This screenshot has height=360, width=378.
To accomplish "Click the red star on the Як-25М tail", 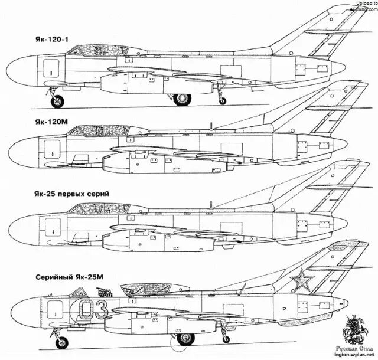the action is click(x=302, y=279).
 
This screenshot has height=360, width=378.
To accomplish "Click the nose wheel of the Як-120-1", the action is click(x=57, y=102).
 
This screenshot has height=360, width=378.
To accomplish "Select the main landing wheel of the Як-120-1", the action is click(x=182, y=99).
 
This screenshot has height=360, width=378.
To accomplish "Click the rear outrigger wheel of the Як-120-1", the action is click(x=222, y=101).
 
